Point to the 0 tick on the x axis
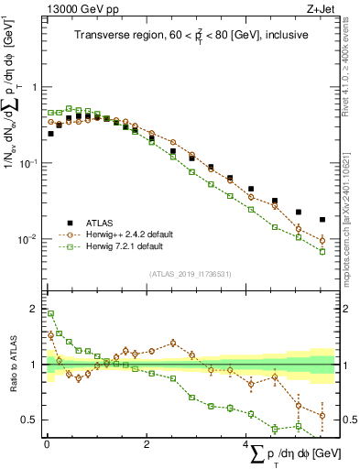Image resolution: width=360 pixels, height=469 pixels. (47, 442)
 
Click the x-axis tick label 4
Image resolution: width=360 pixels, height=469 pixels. (245, 442)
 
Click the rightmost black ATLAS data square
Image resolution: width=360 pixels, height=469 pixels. (322, 220)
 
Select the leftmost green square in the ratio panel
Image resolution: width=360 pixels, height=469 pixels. (50, 313)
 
